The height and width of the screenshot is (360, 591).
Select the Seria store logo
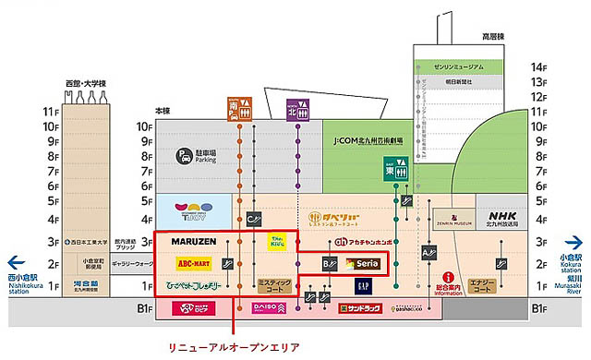click(x=364, y=265)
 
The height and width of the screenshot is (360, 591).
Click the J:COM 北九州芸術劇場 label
click(x=368, y=142)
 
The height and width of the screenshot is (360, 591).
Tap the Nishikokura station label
click(x=24, y=267)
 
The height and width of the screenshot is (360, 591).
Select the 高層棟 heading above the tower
click(x=467, y=36)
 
